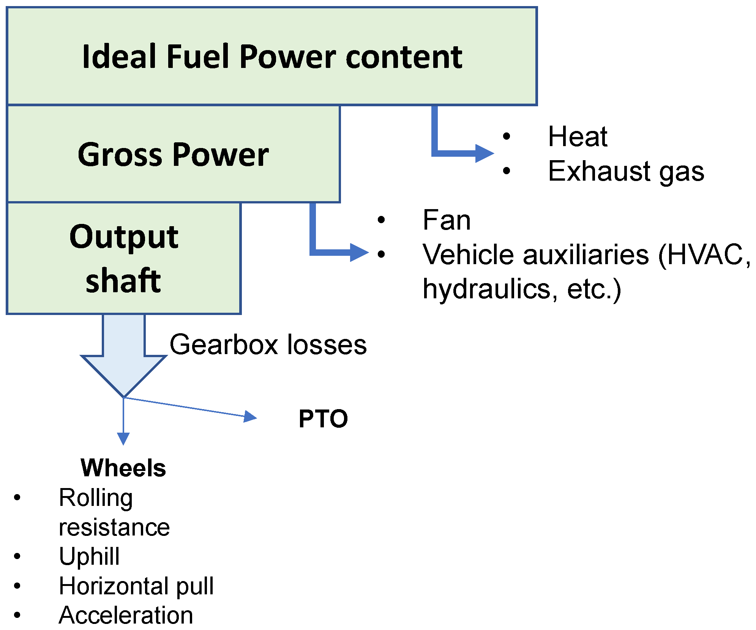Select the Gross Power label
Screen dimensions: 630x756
tap(173, 154)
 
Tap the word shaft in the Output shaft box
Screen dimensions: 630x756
tap(123, 281)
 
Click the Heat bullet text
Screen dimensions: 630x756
tap(577, 137)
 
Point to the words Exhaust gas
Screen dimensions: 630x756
tap(626, 171)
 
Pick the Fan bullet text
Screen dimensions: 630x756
tap(447, 220)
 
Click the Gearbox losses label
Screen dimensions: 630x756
tap(268, 345)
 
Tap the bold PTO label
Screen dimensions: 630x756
tap(323, 419)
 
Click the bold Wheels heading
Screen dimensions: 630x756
tap(123, 468)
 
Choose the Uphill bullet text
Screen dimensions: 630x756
tap(89, 557)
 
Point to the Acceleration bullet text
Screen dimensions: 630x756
tap(126, 615)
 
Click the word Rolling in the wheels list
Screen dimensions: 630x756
tap(96, 498)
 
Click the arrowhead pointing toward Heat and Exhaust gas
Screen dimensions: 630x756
tap(484, 154)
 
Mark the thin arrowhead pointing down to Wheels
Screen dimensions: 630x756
tap(123, 438)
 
